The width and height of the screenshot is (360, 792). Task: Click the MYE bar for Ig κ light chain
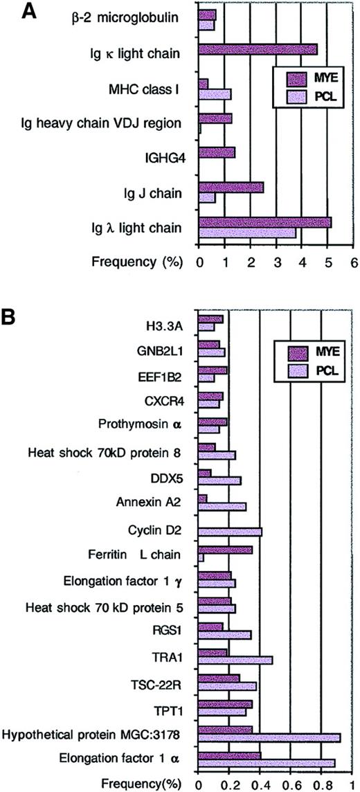(x=258, y=49)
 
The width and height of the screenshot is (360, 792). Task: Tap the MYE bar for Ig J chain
(x=231, y=187)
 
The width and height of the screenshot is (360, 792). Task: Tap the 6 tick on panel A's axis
(x=353, y=264)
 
